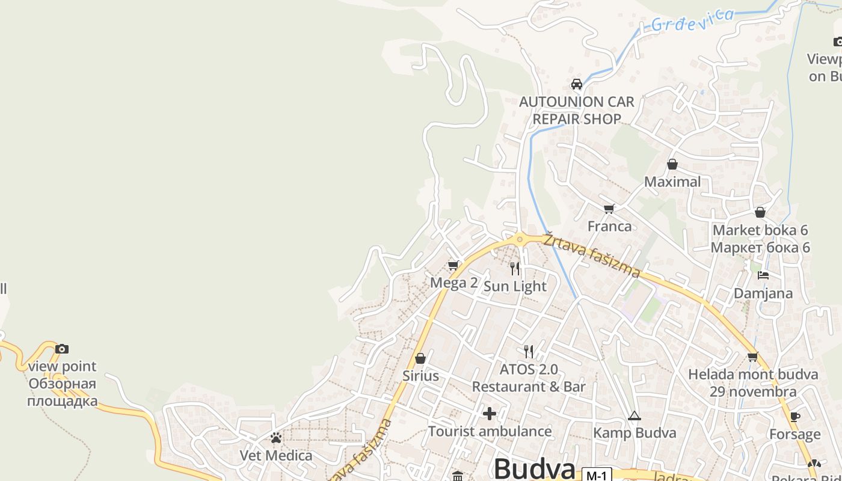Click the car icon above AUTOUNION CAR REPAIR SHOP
pyautogui.click(x=576, y=84)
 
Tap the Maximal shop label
pyautogui.click(x=672, y=182)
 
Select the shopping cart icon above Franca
pyautogui.click(x=609, y=209)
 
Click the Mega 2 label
pyautogui.click(x=453, y=283)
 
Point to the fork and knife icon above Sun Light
pyautogui.click(x=515, y=268)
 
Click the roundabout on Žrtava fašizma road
pyautogui.click(x=520, y=239)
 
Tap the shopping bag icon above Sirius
pyautogui.click(x=420, y=358)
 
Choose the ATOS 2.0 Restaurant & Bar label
pyautogui.click(x=529, y=378)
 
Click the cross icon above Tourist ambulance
pyautogui.click(x=490, y=414)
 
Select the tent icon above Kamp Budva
pyautogui.click(x=635, y=415)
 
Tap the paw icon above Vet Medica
pyautogui.click(x=276, y=438)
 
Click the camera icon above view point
pyautogui.click(x=62, y=349)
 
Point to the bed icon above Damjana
pyautogui.click(x=763, y=275)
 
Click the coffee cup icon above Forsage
pyautogui.click(x=794, y=417)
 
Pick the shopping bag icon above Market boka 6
pyautogui.click(x=760, y=212)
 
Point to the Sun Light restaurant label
pyautogui.click(x=515, y=286)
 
